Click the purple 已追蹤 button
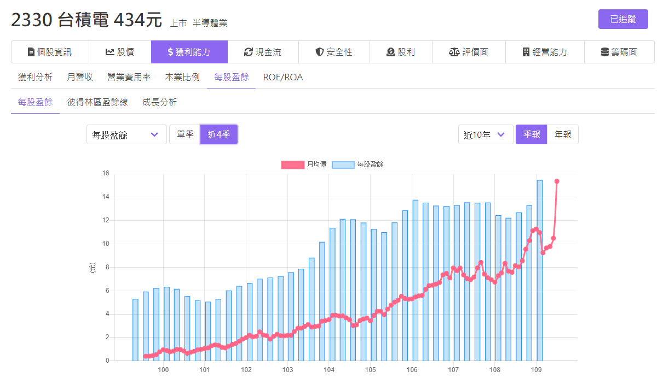tap(622, 19)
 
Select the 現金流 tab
tap(263, 52)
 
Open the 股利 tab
tap(401, 52)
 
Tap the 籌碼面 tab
tap(619, 52)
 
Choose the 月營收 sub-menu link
tap(80, 77)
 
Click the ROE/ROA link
tap(283, 77)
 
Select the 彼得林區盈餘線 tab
tap(97, 102)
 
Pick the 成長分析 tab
tap(159, 102)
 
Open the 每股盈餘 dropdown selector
tap(126, 135)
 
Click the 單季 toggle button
tap(185, 134)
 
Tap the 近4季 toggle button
tap(219, 134)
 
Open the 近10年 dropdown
tap(486, 135)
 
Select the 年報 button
tap(563, 134)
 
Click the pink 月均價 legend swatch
tap(293, 165)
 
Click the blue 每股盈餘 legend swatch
tap(343, 165)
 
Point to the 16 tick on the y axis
tap(106, 173)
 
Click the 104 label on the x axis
tap(329, 370)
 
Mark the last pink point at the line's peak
tap(557, 181)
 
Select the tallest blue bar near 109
tap(539, 270)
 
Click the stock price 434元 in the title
tap(137, 20)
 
